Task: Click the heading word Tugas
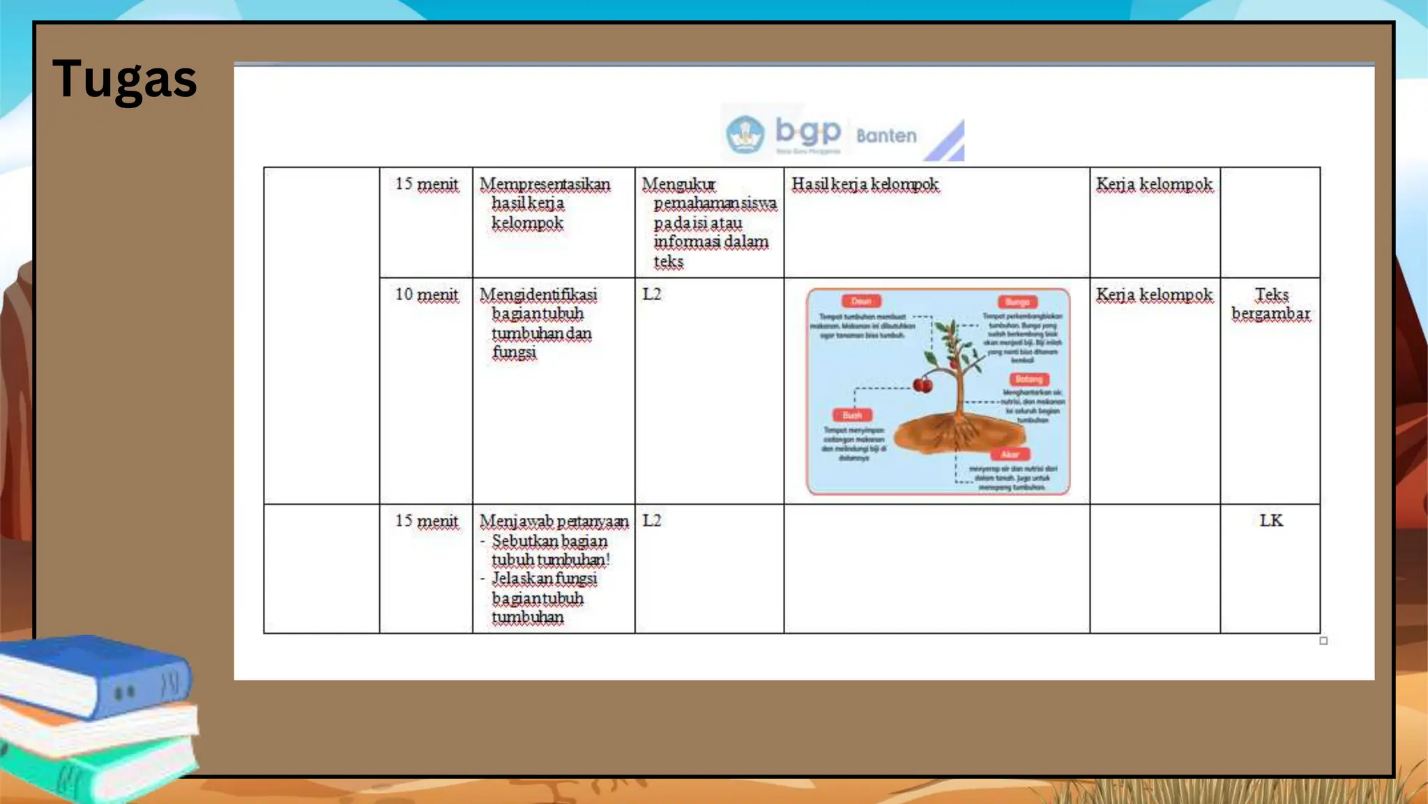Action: click(125, 79)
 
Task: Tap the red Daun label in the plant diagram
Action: click(861, 301)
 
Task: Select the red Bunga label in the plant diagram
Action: click(1017, 301)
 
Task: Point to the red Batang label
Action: click(1029, 379)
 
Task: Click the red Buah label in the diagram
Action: click(852, 415)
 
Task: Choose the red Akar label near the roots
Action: click(1010, 454)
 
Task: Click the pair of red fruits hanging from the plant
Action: click(922, 385)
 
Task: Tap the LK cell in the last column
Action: click(1270, 521)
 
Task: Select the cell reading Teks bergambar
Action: click(1270, 304)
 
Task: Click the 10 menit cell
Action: click(427, 295)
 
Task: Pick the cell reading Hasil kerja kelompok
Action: click(865, 184)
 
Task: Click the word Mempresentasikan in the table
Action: click(545, 184)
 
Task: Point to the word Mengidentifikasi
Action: click(538, 295)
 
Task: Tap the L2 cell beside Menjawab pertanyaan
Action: click(651, 521)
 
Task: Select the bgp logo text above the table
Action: click(808, 131)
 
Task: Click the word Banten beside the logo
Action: click(886, 135)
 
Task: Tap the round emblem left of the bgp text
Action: click(745, 134)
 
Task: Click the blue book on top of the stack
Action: click(98, 673)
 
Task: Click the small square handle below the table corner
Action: click(1323, 641)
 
